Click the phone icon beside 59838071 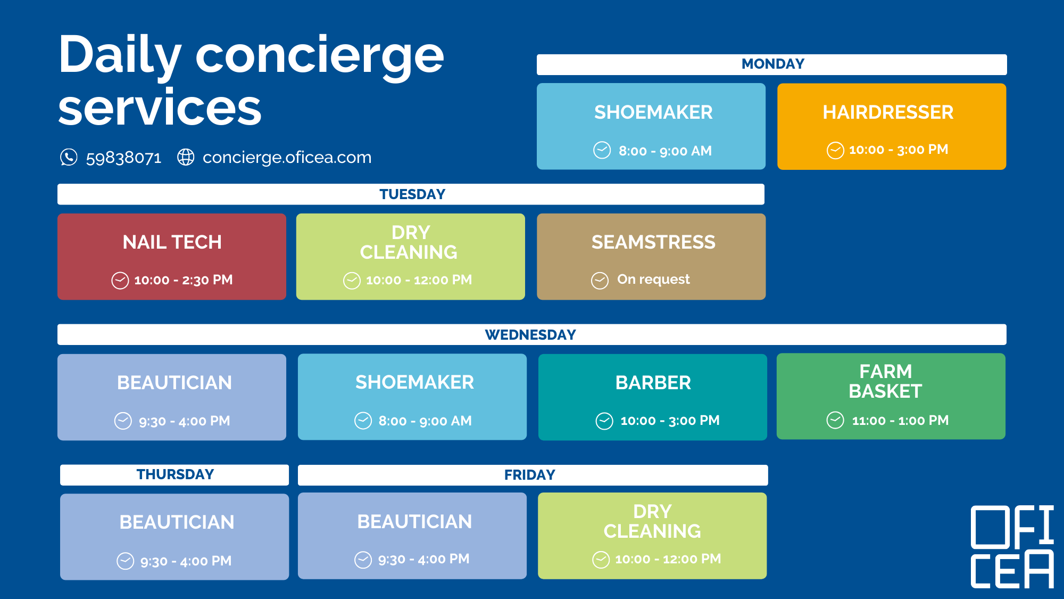click(69, 157)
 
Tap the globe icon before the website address click(186, 157)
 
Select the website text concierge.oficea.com click(287, 158)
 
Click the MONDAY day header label click(773, 64)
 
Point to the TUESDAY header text click(412, 194)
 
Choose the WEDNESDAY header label click(530, 335)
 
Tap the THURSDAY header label click(175, 474)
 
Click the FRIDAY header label click(530, 475)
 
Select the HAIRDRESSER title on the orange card click(888, 112)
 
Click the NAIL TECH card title click(172, 242)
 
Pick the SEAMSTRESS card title click(654, 242)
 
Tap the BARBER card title click(653, 383)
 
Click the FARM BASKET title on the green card click(886, 381)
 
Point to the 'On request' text click(653, 280)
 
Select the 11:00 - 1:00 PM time click(900, 421)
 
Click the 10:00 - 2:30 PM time click(184, 280)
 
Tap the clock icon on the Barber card click(604, 421)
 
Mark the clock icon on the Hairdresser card click(835, 151)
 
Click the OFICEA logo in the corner click(1012, 547)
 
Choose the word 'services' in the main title click(160, 109)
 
